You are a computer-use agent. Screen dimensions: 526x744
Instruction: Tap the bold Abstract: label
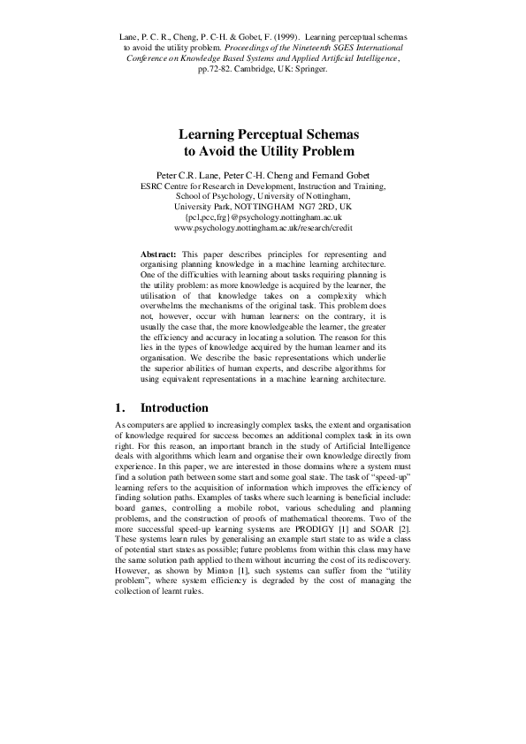point(160,254)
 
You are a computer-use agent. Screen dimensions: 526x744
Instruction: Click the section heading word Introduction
point(175,408)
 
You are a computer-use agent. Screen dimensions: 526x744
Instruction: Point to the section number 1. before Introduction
point(121,408)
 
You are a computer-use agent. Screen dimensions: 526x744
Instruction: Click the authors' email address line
point(263,216)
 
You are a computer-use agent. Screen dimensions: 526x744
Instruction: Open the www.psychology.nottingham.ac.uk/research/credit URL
point(263,228)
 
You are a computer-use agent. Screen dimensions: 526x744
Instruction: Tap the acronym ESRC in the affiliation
point(155,185)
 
